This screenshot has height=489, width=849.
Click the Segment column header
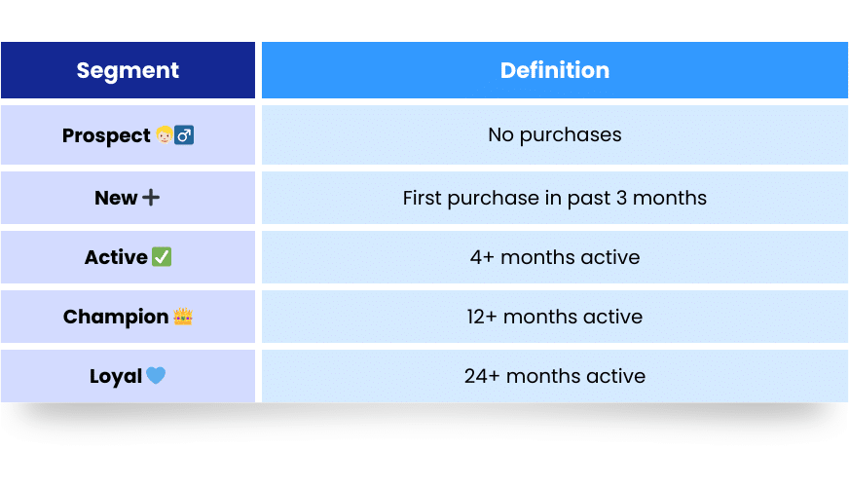click(x=128, y=70)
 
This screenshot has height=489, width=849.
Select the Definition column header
click(x=555, y=70)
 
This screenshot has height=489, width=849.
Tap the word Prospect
click(x=106, y=136)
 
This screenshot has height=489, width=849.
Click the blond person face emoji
click(x=165, y=134)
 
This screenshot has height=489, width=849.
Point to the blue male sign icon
click(x=184, y=134)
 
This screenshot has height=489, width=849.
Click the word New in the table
click(x=116, y=198)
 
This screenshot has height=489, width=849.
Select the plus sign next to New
click(x=151, y=198)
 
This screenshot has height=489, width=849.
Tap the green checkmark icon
click(x=162, y=257)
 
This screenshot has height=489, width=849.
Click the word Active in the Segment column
click(x=116, y=257)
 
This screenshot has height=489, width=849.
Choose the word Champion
click(x=116, y=318)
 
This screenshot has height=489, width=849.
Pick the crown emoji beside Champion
click(x=183, y=317)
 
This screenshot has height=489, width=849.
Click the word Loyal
click(x=116, y=376)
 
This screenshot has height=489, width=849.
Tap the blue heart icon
click(x=156, y=375)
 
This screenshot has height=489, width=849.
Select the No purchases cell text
click(x=555, y=135)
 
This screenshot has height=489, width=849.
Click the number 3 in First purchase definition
click(x=621, y=198)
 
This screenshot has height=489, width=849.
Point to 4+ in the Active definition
click(x=482, y=257)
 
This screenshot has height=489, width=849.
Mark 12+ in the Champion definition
click(x=482, y=317)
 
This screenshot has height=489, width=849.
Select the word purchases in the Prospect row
click(x=571, y=135)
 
